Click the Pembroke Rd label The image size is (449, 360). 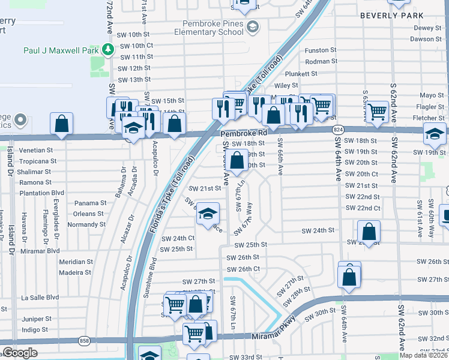243,134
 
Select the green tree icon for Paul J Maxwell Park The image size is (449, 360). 108,50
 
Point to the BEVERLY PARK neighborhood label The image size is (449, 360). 392,14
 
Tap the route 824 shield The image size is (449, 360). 339,129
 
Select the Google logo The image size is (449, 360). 20,353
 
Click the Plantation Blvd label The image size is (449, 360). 43,193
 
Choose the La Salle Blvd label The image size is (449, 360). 40,297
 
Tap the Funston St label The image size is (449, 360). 321,50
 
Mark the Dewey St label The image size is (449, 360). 427,28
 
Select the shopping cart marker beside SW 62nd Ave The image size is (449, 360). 377,111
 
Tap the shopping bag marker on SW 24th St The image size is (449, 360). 369,231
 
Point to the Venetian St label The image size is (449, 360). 36,150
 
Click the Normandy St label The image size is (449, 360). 86,224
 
